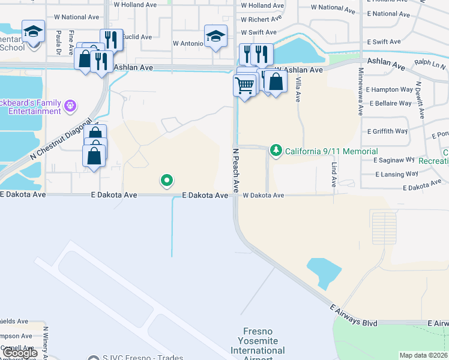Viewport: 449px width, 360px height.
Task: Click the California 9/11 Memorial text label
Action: tap(331, 151)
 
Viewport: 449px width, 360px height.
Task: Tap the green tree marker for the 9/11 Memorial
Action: tap(276, 150)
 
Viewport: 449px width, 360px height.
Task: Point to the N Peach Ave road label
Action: tap(236, 167)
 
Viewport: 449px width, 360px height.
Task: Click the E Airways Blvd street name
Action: tap(354, 315)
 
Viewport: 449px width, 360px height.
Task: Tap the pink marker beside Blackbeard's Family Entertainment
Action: tap(71, 106)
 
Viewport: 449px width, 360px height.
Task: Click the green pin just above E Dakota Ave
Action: tap(167, 180)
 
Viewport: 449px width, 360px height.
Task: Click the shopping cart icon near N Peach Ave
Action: tap(244, 86)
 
